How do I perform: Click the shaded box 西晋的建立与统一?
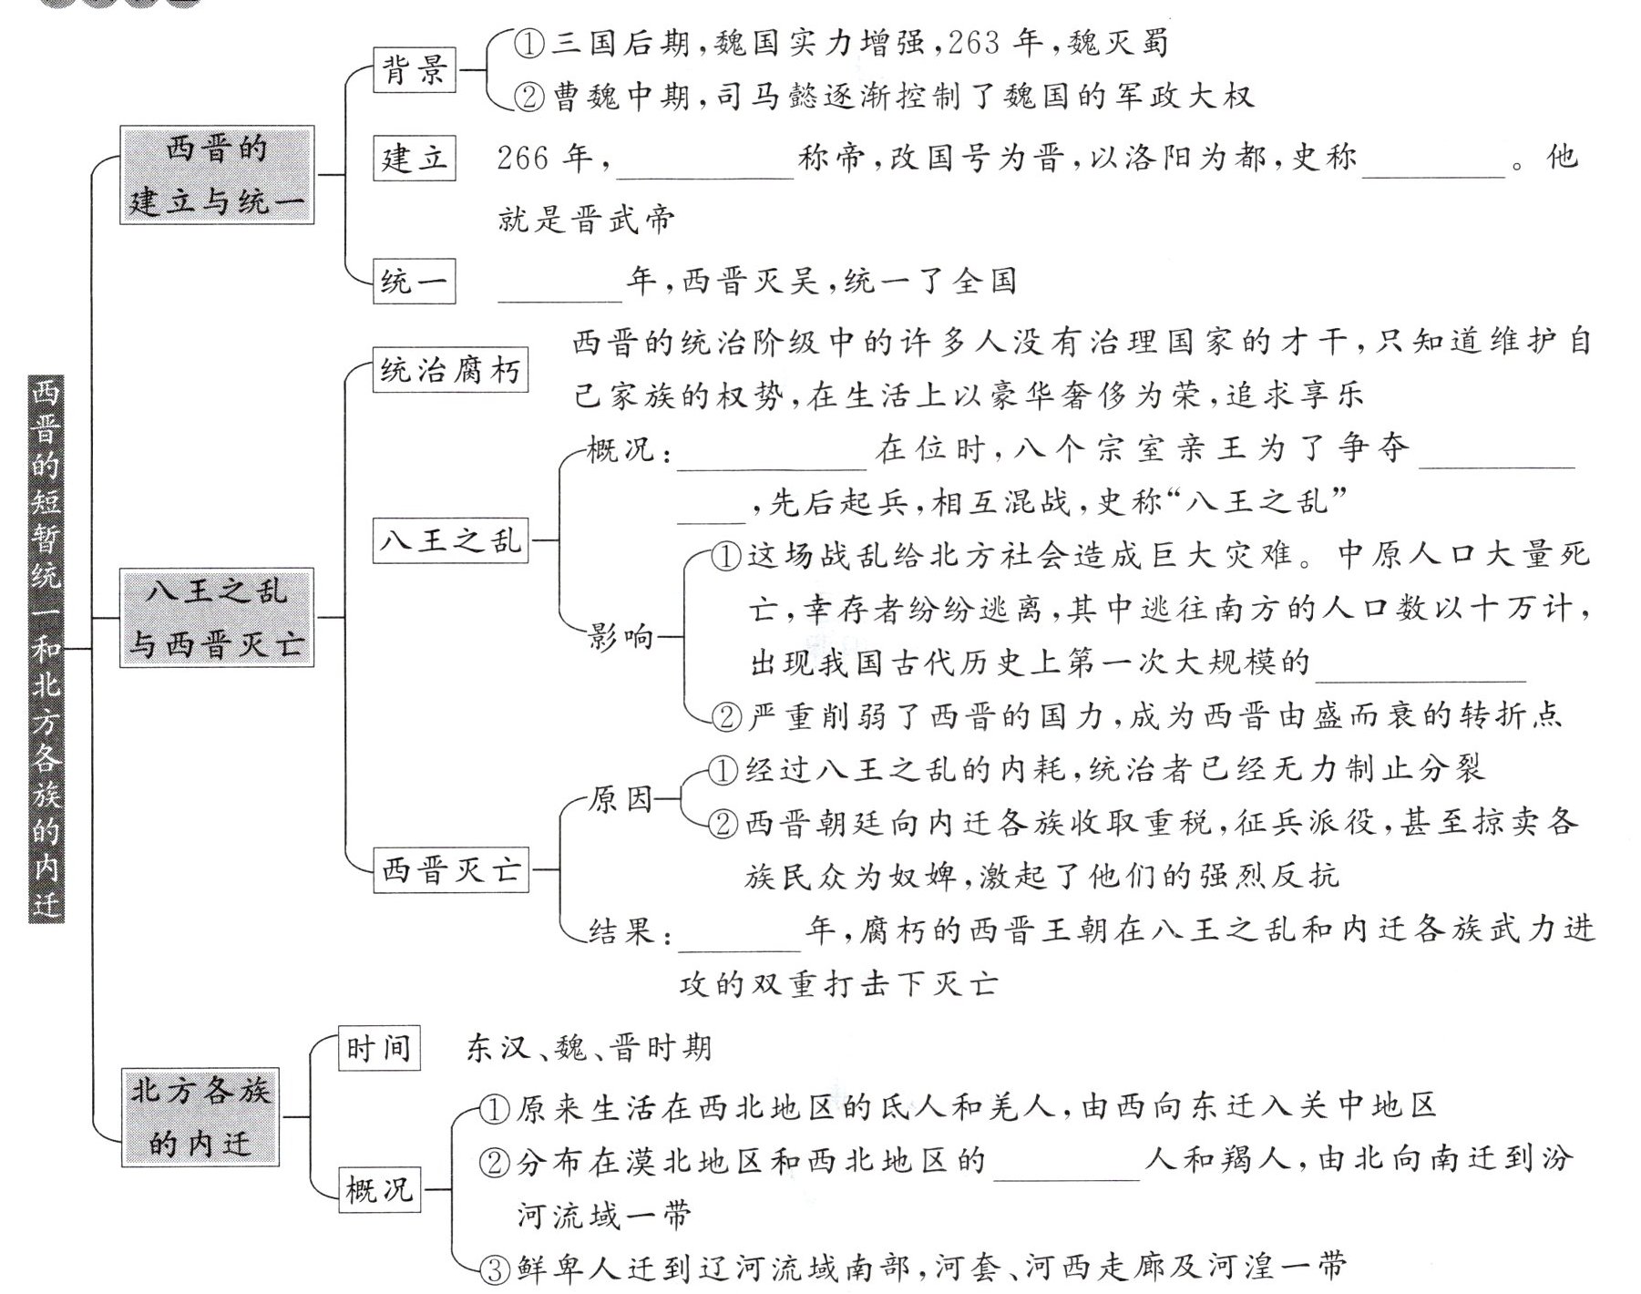pyautogui.click(x=217, y=175)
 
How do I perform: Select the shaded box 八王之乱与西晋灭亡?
pyautogui.click(x=217, y=618)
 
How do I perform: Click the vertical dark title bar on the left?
pyautogui.click(x=46, y=648)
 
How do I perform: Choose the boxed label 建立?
pyautogui.click(x=414, y=159)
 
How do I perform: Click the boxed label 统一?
pyautogui.click(x=414, y=282)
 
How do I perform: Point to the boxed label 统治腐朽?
pyautogui.click(x=450, y=371)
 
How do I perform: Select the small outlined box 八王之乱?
pyautogui.click(x=450, y=540)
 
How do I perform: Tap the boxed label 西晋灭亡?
pyautogui.click(x=450, y=869)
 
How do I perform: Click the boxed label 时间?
pyautogui.click(x=378, y=1048)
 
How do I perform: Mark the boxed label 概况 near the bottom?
pyautogui.click(x=378, y=1189)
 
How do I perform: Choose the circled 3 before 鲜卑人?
pyautogui.click(x=493, y=1269)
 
